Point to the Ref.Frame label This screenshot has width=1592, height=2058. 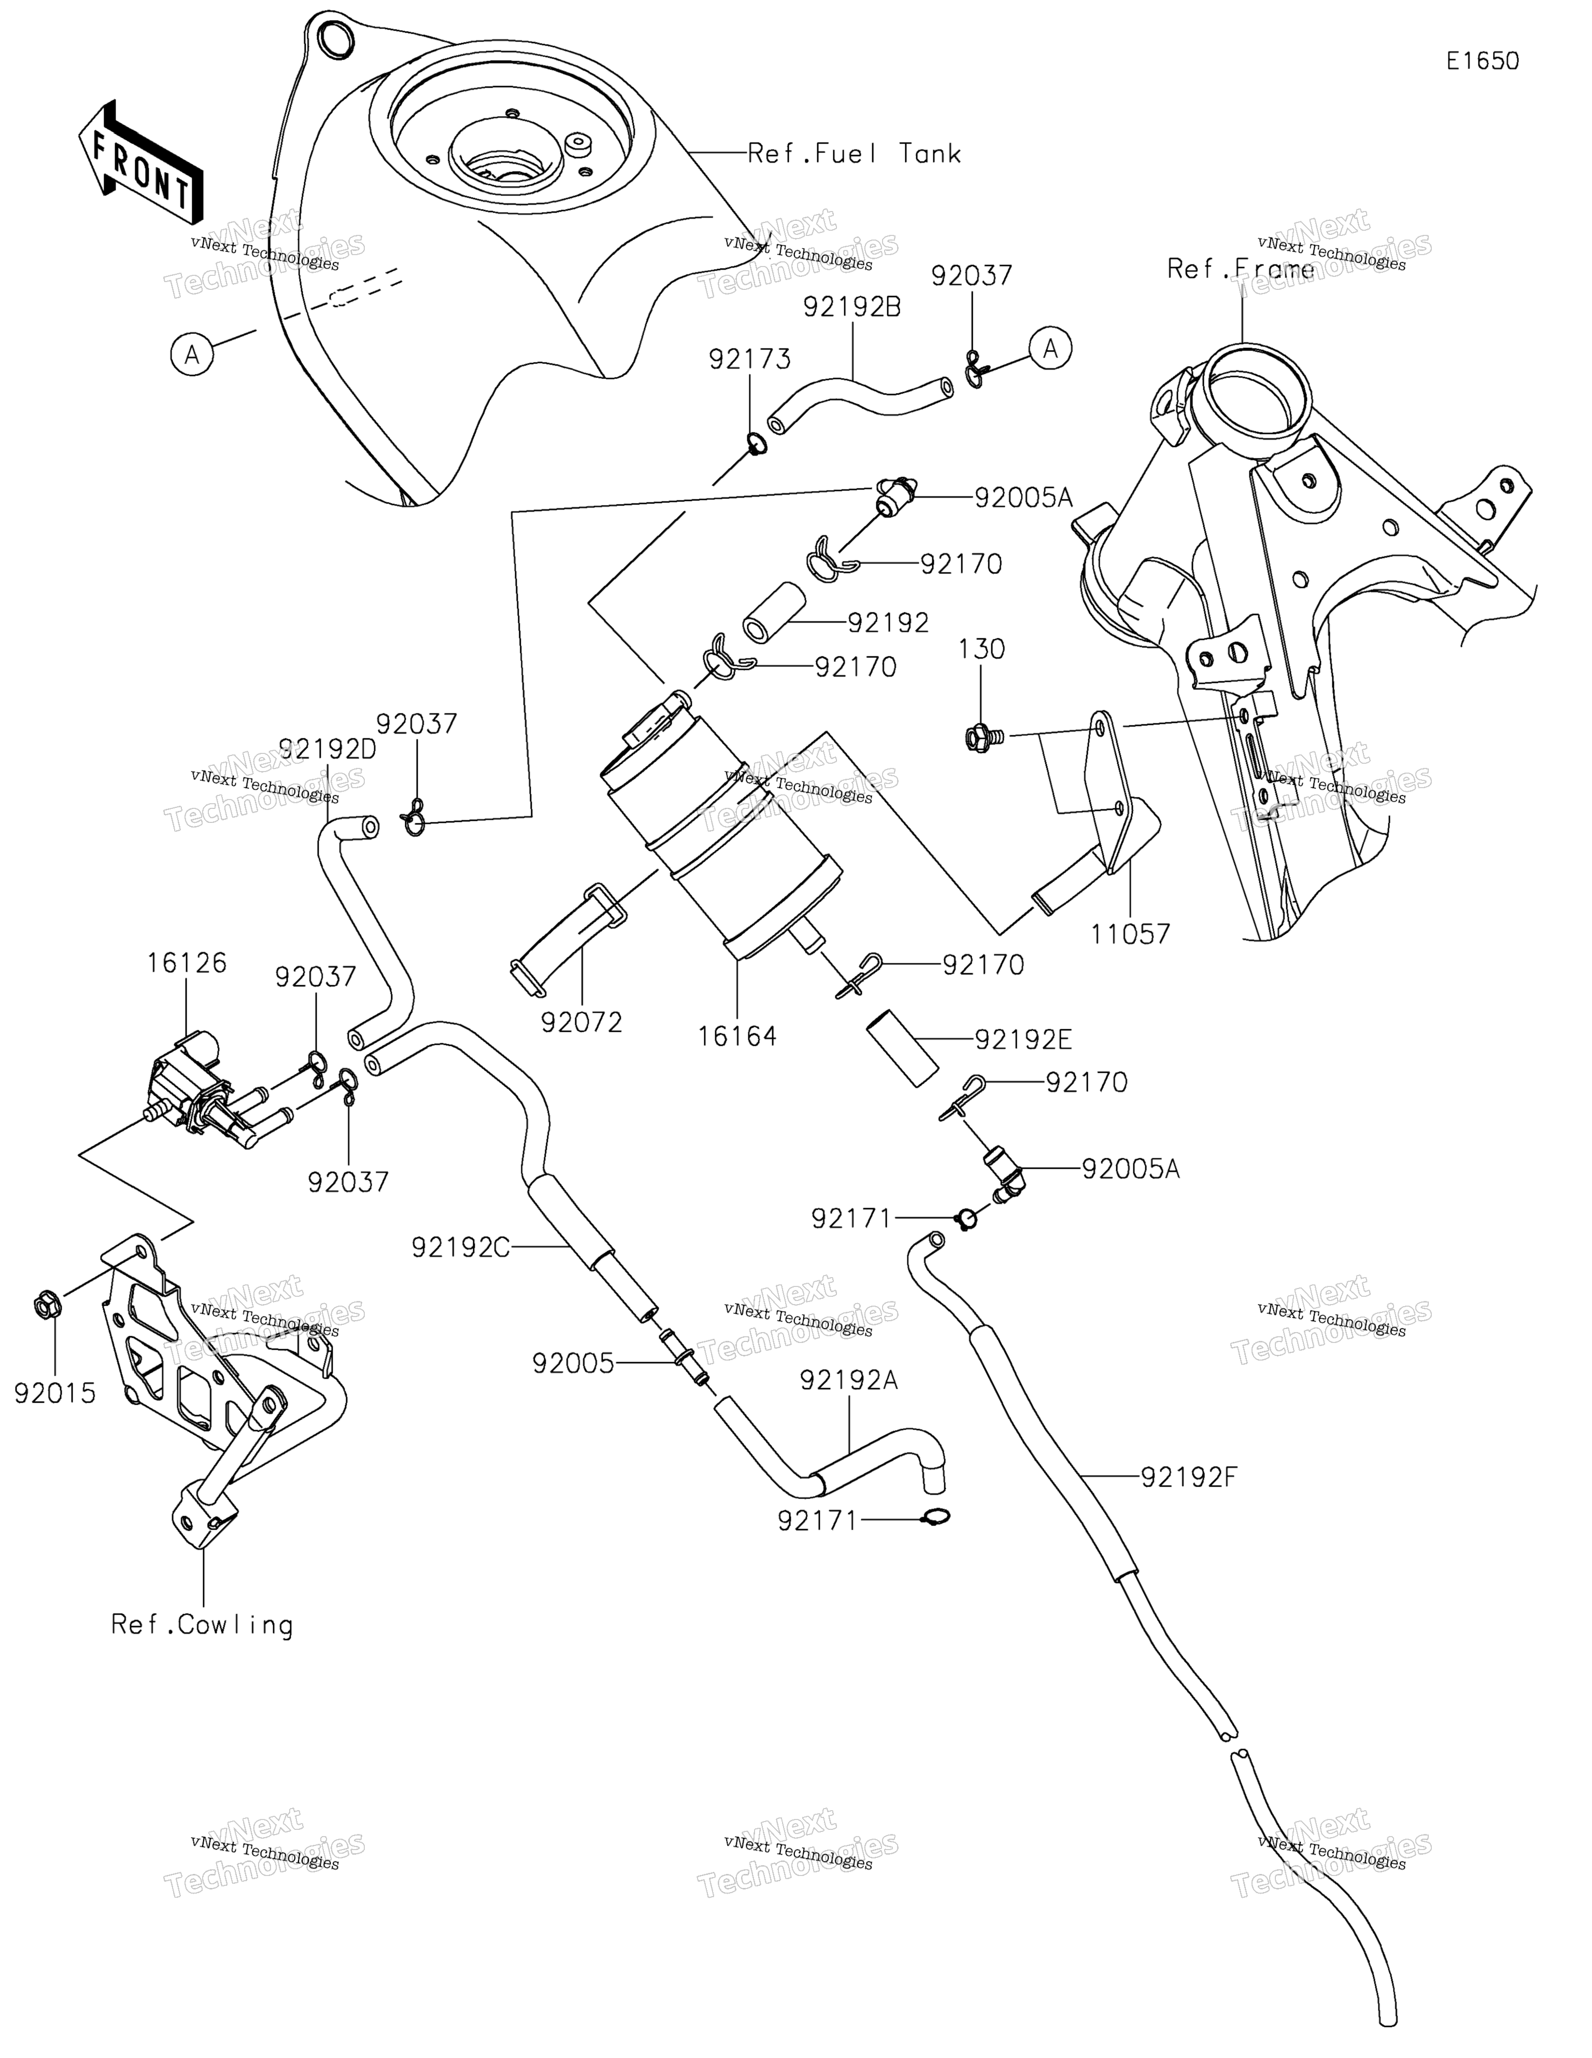coord(1241,270)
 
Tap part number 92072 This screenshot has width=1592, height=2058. coord(581,1023)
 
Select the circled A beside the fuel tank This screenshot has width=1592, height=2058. coord(192,355)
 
